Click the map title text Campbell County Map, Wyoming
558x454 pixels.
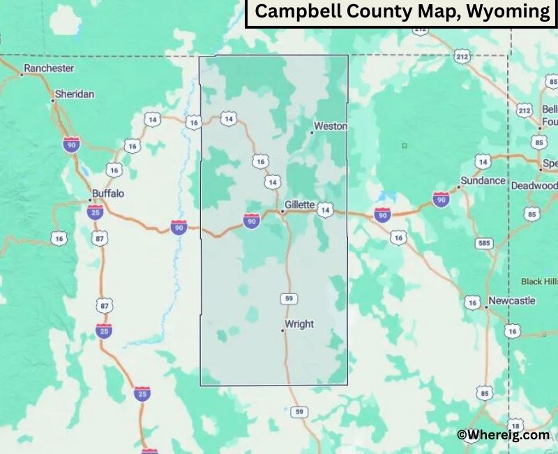point(401,12)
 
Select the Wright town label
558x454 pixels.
point(299,324)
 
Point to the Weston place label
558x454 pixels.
point(331,126)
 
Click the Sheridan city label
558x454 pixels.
point(75,94)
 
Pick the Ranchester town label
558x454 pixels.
point(49,68)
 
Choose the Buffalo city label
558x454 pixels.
point(108,193)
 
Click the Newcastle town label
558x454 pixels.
point(512,300)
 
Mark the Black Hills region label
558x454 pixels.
point(540,281)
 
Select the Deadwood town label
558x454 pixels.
point(534,186)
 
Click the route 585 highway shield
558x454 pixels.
point(483,243)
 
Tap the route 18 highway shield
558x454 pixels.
point(515,426)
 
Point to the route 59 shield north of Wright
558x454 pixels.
point(290,299)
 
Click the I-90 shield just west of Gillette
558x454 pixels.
point(252,221)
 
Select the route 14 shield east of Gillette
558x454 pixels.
point(325,209)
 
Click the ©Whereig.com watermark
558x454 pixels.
point(503,434)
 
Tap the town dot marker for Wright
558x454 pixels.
point(283,330)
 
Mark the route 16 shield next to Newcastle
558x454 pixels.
point(473,302)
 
